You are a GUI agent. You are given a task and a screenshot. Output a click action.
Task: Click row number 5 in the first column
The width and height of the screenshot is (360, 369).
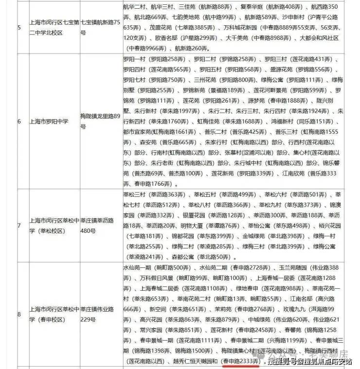click(19, 27)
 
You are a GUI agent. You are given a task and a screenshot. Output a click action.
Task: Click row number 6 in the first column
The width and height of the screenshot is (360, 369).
click(19, 121)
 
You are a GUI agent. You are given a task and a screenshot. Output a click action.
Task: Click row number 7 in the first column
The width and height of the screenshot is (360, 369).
click(19, 225)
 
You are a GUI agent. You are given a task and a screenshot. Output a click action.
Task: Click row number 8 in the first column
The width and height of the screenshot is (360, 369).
click(19, 314)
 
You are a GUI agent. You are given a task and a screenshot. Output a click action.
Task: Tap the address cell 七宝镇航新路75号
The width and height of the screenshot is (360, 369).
click(100, 27)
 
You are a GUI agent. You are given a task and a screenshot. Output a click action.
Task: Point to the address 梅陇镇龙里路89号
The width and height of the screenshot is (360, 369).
click(99, 121)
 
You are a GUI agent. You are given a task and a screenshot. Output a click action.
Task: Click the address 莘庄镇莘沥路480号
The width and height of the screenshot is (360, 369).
click(99, 225)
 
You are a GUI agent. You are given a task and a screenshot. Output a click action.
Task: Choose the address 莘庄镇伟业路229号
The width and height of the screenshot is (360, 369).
click(99, 314)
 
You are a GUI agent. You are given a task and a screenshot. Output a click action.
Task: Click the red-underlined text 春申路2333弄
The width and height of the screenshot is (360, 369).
click(241, 362)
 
